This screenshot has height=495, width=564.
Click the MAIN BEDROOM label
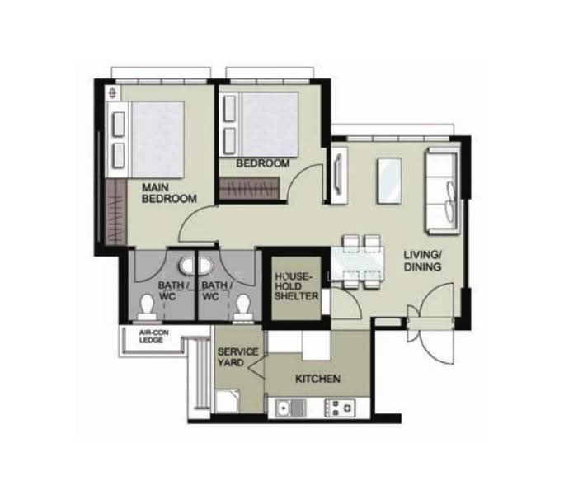click(x=169, y=193)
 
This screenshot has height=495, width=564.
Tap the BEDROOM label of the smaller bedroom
click(x=262, y=163)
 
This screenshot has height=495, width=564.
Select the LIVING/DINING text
click(x=423, y=261)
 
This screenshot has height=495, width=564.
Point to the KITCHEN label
click(x=317, y=379)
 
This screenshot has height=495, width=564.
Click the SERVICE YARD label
click(x=237, y=357)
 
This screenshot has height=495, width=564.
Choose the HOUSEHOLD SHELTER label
click(x=296, y=286)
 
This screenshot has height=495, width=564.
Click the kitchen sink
click(x=290, y=408)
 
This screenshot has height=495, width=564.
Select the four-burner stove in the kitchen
click(x=340, y=408)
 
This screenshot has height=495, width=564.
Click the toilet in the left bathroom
click(x=147, y=307)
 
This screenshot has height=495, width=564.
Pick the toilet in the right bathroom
click(x=242, y=307)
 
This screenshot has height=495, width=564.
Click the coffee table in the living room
click(x=389, y=181)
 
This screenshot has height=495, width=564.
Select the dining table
click(x=357, y=262)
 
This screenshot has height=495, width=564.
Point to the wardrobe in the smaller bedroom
click(x=249, y=188)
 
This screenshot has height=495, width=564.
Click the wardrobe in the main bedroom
click(x=115, y=212)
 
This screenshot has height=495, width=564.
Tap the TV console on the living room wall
click(x=339, y=175)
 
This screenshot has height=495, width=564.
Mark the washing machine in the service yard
click(x=227, y=402)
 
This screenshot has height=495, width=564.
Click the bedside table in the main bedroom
click(x=113, y=92)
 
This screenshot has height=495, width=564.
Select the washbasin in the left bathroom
click(x=187, y=266)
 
